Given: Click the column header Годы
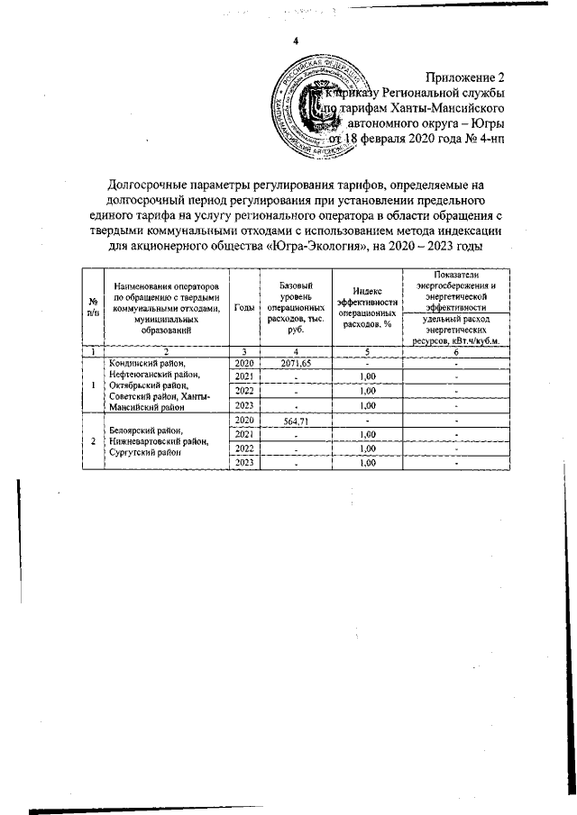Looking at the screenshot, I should (x=243, y=307).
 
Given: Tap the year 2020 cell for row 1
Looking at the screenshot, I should (x=243, y=360).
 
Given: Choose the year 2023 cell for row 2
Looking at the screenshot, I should (x=243, y=463).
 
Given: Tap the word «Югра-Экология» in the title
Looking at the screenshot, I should (x=318, y=247).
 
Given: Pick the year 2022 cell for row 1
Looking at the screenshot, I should (x=243, y=390).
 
